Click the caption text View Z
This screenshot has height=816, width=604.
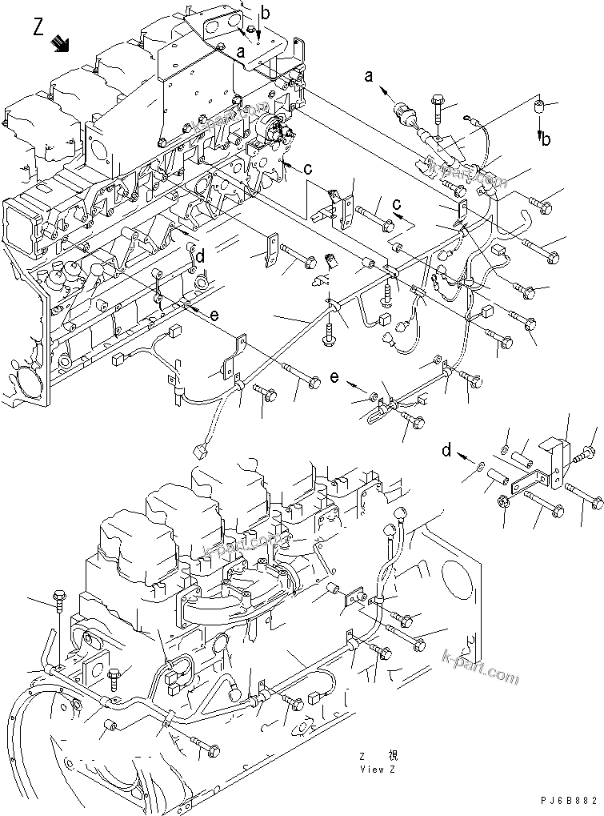click(x=378, y=770)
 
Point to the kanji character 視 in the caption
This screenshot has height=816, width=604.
click(x=392, y=756)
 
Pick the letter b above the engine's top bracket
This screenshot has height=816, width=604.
click(x=266, y=12)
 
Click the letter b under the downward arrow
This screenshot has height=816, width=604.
click(x=546, y=141)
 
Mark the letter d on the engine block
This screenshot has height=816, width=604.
click(x=200, y=256)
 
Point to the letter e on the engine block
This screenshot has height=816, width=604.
click(x=214, y=316)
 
